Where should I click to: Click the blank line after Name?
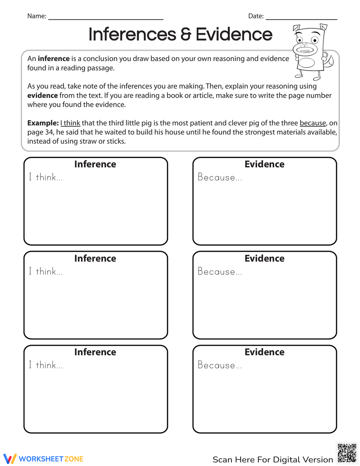105,18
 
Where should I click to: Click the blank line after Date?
301,18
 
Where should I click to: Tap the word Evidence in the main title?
234,35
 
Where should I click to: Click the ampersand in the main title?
186,35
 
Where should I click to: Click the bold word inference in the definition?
54,59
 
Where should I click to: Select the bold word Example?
43,123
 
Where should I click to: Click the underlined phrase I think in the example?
70,123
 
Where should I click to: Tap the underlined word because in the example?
312,123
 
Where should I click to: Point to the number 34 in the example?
49,132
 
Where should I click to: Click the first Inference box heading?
95,164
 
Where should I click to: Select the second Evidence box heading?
264,258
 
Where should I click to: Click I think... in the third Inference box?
46,365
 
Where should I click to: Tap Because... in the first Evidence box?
220,177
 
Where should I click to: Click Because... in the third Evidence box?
220,365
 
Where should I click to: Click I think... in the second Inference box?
46,272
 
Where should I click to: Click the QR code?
347,453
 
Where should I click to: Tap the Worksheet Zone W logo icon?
10,458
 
